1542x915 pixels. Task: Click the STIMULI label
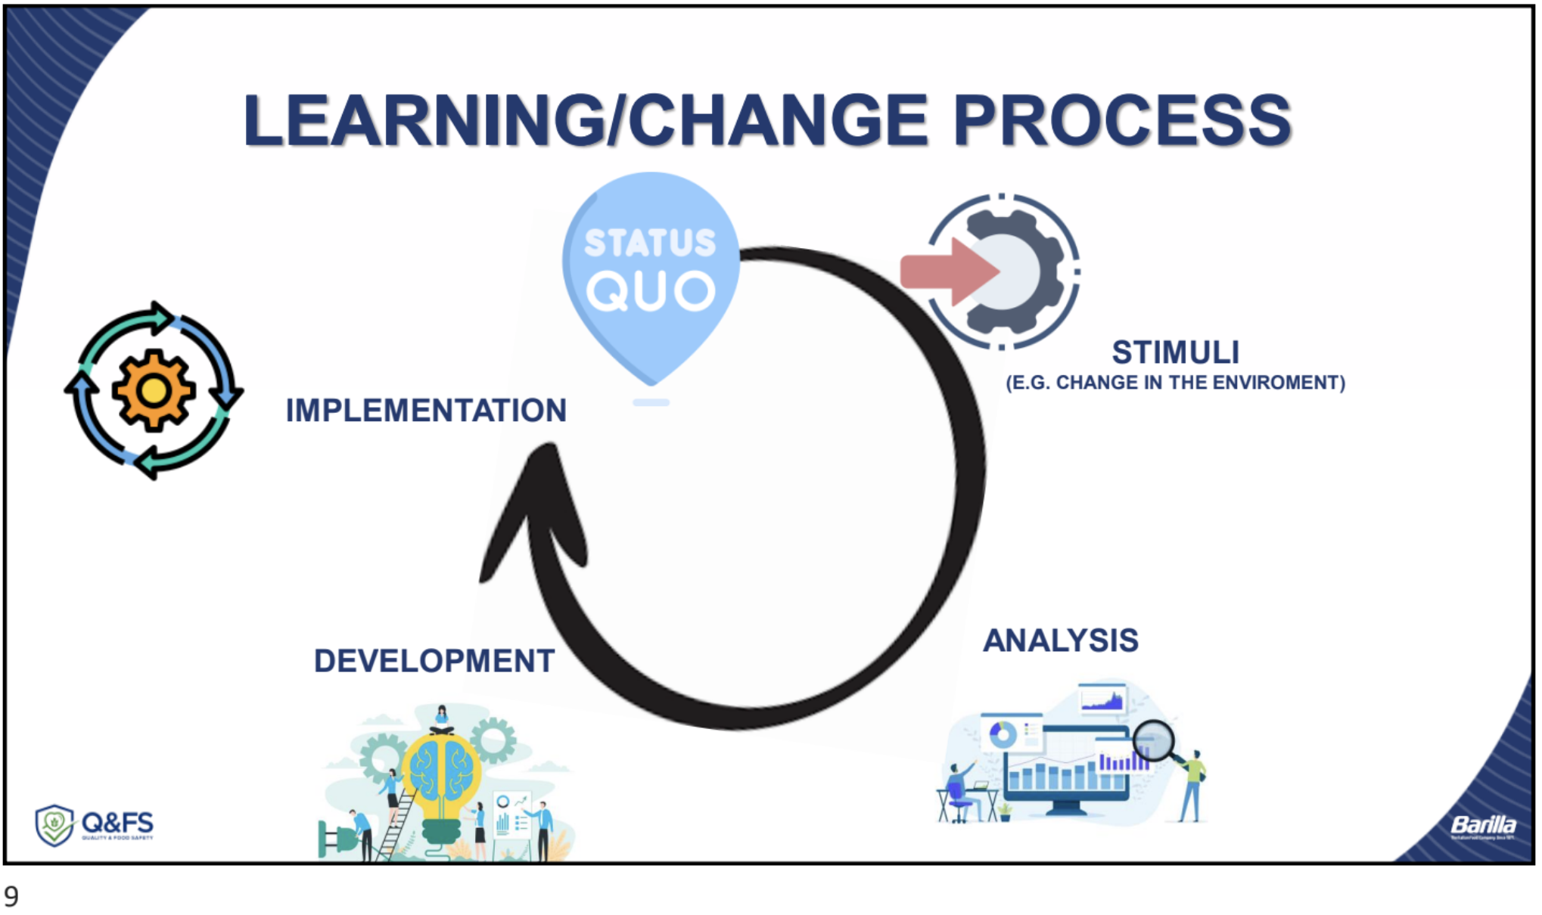[x=1175, y=352]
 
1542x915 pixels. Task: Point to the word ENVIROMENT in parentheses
[x=1279, y=383]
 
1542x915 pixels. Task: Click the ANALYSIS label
[x=1060, y=640]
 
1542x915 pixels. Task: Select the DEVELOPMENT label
[x=434, y=661]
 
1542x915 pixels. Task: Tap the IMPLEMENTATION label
[x=426, y=411]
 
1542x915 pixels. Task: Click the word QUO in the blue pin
[x=651, y=292]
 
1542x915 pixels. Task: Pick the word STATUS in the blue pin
[x=651, y=243]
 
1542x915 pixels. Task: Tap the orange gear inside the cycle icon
[x=154, y=390]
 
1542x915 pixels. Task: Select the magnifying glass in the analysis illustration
[x=1154, y=740]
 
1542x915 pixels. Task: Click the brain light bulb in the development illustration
[x=441, y=771]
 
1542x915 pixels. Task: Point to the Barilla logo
[x=1483, y=825]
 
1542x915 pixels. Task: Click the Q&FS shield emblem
[x=54, y=825]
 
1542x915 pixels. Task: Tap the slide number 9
[x=11, y=897]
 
